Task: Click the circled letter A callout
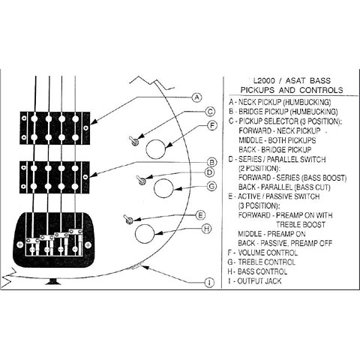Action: [196, 97]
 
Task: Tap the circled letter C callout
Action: [210, 112]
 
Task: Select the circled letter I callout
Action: [209, 283]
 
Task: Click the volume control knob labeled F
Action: [155, 149]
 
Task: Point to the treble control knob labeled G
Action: [163, 188]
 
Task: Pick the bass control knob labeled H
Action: [145, 234]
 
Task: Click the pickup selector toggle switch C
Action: [133, 141]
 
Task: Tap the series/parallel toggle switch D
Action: [141, 180]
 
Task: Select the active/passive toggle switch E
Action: [128, 219]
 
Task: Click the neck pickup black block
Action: [55, 127]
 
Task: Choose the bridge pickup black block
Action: [55, 177]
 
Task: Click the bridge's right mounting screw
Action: [88, 245]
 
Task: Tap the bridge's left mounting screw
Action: [19, 245]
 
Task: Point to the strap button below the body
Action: [53, 281]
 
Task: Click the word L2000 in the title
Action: [264, 81]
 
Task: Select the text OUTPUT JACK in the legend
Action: [259, 281]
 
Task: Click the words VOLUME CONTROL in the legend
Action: [268, 253]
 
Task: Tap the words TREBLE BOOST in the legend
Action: [301, 224]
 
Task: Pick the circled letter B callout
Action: [212, 163]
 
